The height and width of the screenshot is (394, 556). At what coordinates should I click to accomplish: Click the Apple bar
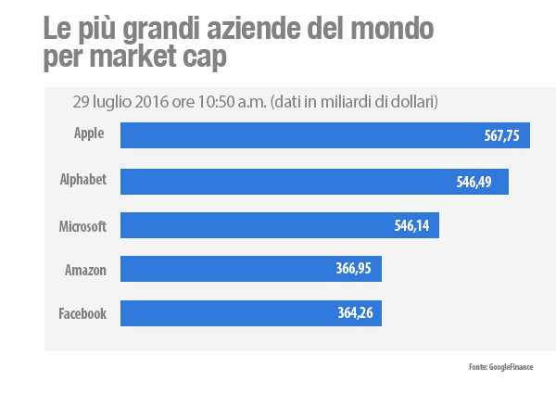coord(306,135)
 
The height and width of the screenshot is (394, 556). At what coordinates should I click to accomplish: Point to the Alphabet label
coord(84,180)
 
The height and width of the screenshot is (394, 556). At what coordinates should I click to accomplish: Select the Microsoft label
coord(82,225)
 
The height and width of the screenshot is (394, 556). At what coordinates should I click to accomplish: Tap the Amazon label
coord(85,270)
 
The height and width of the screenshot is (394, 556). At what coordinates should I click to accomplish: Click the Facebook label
coord(83,313)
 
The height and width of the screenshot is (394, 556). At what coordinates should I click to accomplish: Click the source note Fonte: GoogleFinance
coord(500,368)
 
